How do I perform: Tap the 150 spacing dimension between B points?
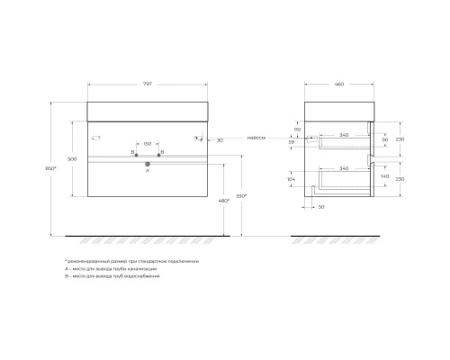[x=148, y=143]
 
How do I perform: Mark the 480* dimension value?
[x=223, y=200]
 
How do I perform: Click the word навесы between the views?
[x=257, y=138]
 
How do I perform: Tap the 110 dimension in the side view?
[x=295, y=129]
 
